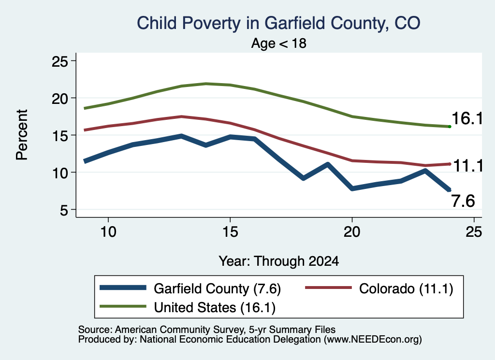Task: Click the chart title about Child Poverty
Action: (278, 23)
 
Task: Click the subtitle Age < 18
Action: (279, 43)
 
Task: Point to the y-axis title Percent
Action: (22, 135)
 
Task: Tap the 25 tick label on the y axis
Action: (60, 61)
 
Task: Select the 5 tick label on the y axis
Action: (64, 210)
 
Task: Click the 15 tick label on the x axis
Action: (230, 232)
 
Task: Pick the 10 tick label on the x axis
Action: (108, 232)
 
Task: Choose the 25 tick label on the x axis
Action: (474, 232)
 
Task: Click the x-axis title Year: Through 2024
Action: (279, 261)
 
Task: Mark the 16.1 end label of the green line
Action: (467, 119)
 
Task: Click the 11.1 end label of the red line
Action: (468, 166)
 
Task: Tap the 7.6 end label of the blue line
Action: (463, 201)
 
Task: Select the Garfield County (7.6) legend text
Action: (217, 288)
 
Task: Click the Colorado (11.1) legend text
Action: (406, 288)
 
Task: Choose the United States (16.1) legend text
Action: (215, 308)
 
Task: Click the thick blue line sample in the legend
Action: (123, 288)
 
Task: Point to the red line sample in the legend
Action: (328, 288)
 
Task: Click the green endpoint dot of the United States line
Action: (450, 127)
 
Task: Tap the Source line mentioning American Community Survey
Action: (207, 330)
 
